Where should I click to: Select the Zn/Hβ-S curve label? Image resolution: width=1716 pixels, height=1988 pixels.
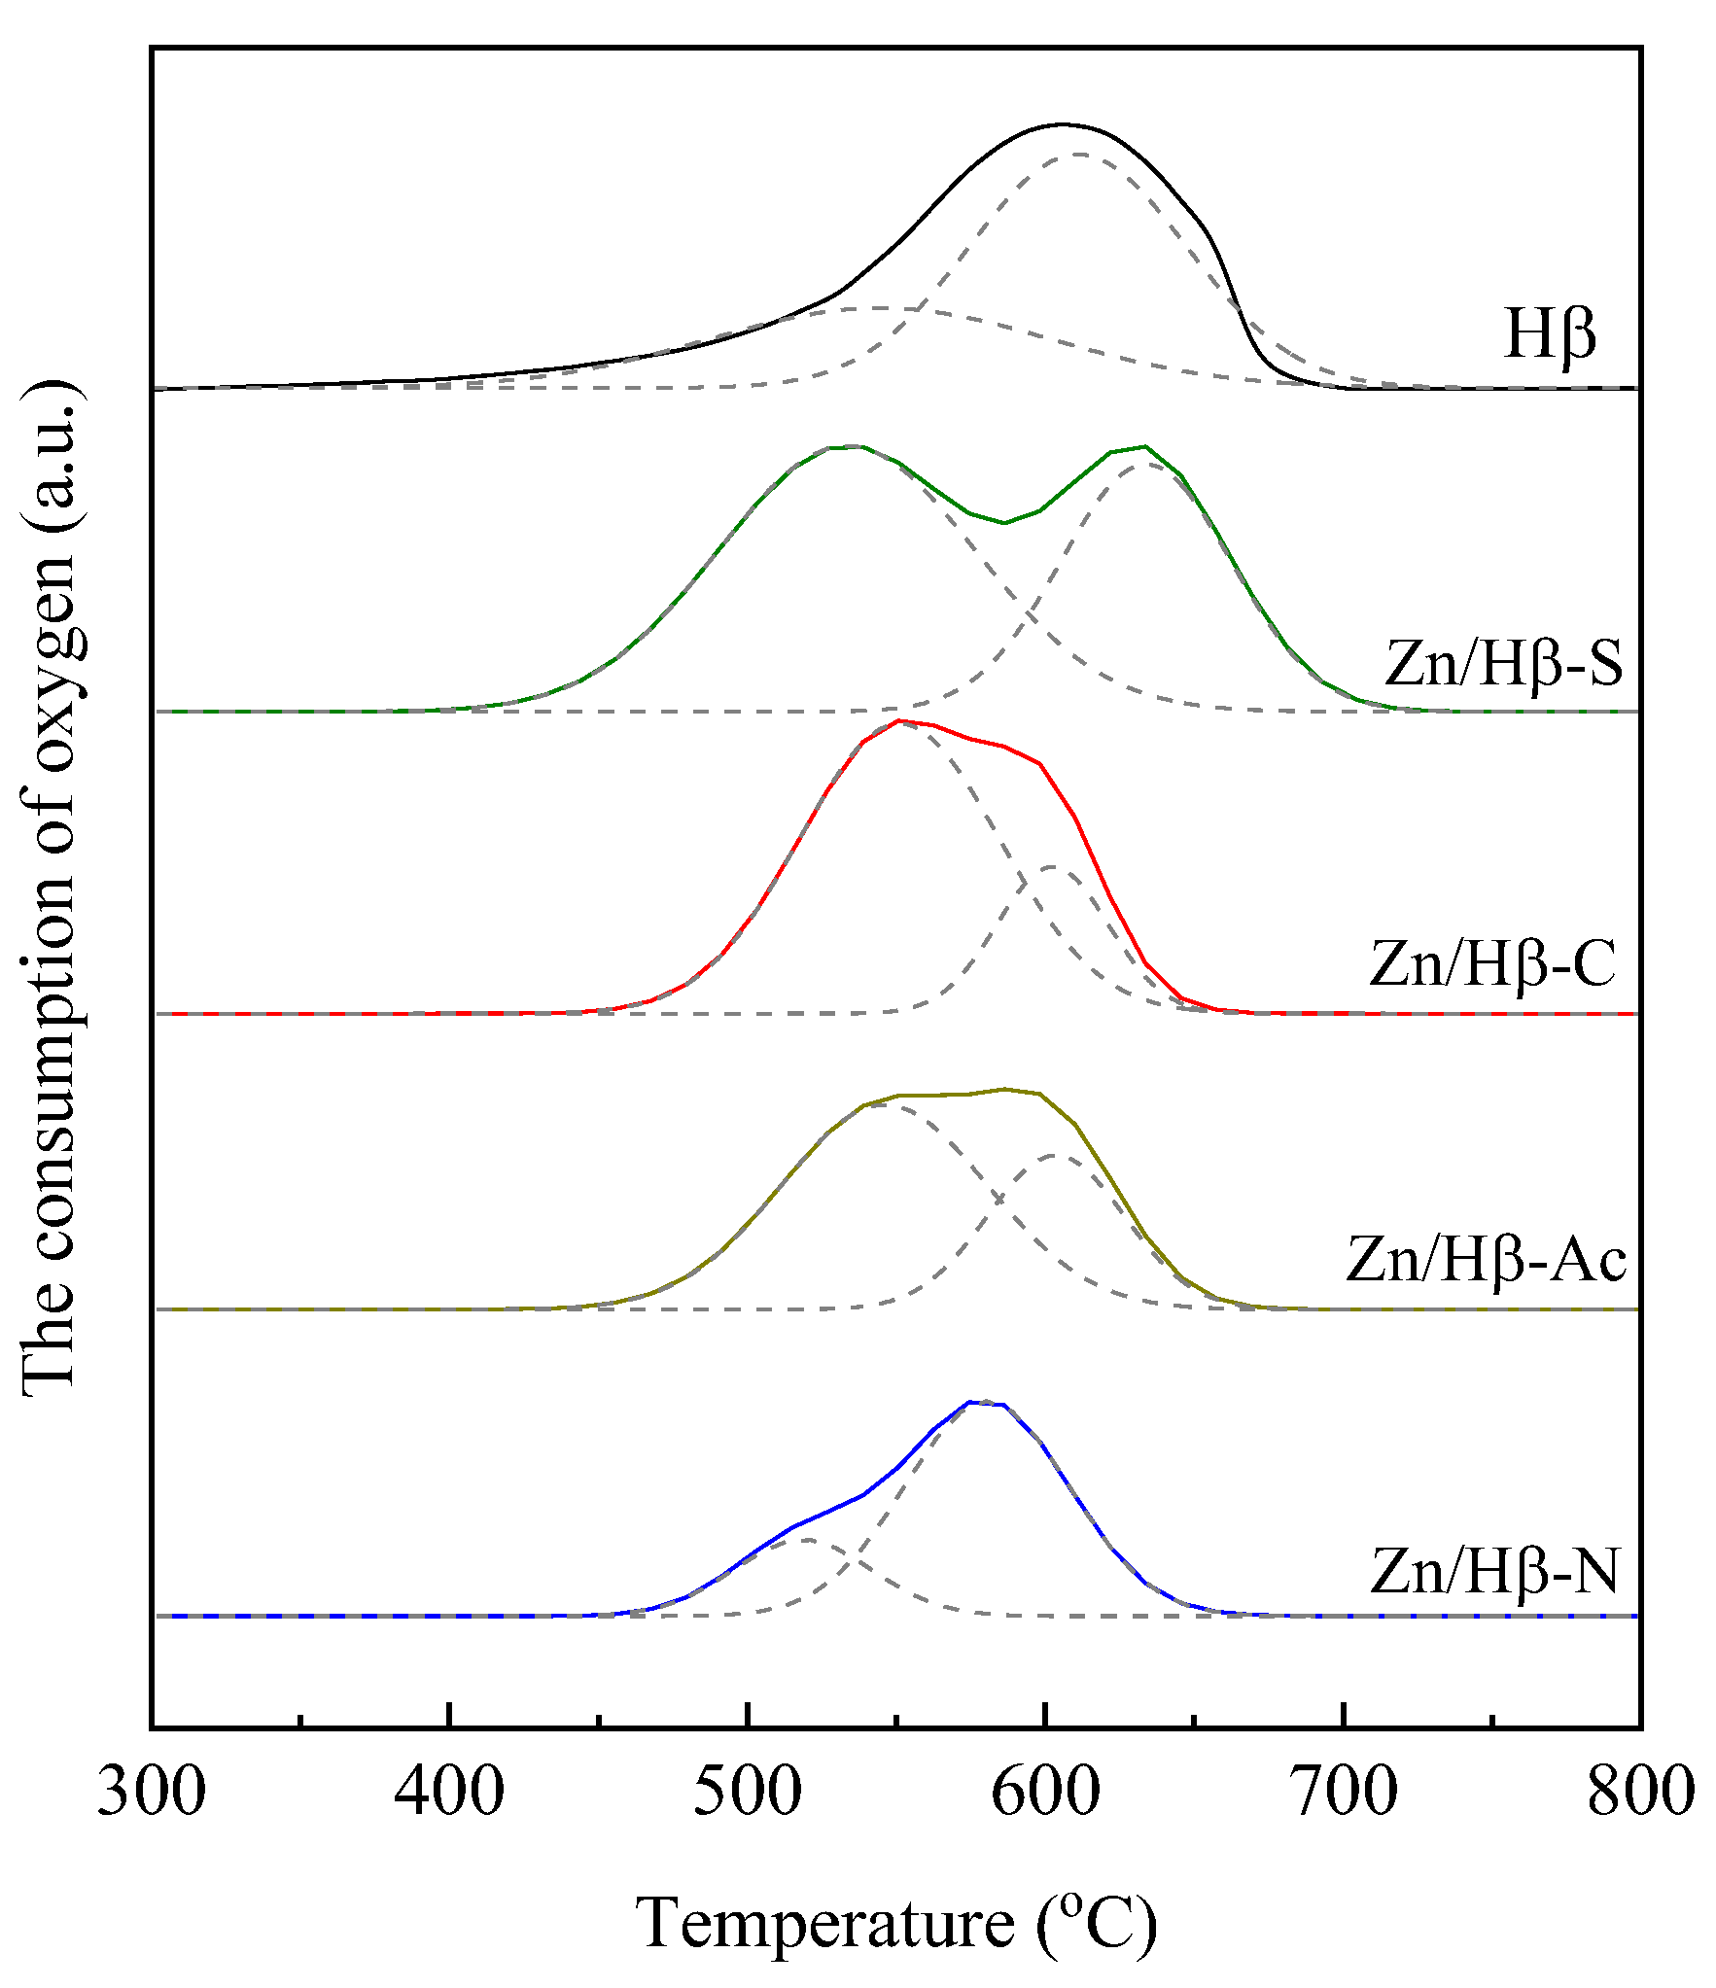point(1503,663)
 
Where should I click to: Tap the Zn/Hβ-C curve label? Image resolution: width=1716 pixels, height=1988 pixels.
point(1492,964)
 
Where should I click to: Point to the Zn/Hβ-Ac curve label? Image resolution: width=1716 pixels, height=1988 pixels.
point(1487,1261)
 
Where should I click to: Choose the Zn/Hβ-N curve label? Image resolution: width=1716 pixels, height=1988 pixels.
point(1494,1571)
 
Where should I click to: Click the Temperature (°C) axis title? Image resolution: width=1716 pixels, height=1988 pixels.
point(896,1924)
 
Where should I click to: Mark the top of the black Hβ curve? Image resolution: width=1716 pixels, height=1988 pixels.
point(1062,124)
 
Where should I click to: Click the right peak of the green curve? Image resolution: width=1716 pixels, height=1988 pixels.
point(1145,446)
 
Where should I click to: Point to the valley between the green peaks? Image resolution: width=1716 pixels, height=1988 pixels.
point(1004,523)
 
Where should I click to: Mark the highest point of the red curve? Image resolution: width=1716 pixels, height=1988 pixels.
point(899,720)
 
